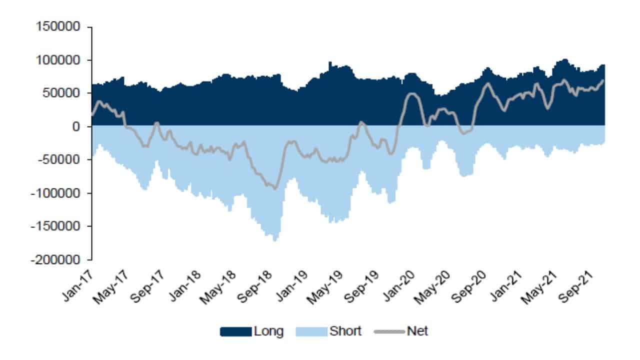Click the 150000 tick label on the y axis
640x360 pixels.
click(x=58, y=27)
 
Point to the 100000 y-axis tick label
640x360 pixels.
click(x=58, y=60)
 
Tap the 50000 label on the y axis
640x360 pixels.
click(x=61, y=93)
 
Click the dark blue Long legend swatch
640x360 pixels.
click(x=235, y=331)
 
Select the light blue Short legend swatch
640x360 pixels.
click(x=311, y=331)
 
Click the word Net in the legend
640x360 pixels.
click(x=418, y=331)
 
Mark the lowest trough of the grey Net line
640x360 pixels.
click(x=274, y=188)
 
